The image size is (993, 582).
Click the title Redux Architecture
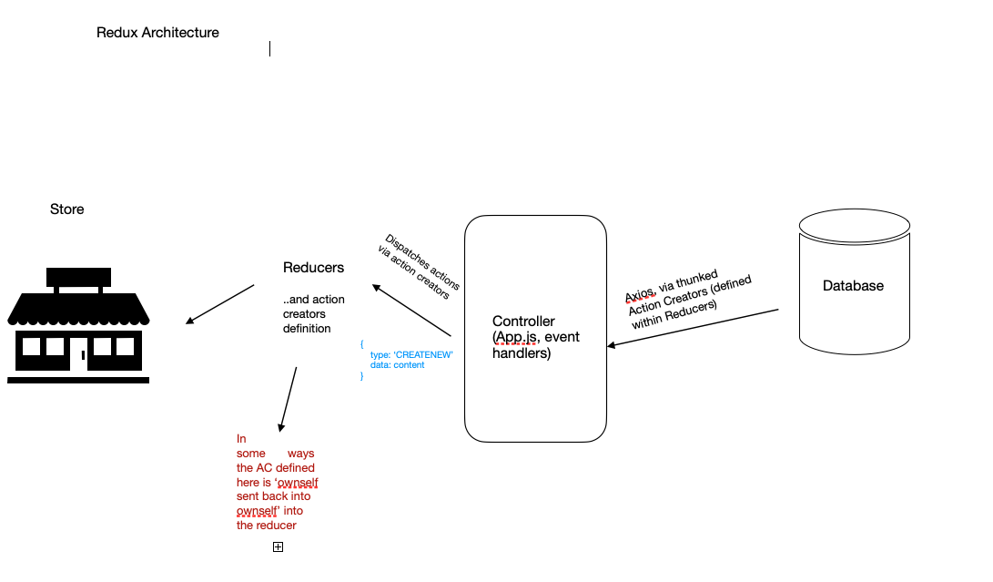157,33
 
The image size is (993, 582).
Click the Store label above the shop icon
66,209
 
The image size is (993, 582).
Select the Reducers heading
313,268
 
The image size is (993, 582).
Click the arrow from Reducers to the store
220,304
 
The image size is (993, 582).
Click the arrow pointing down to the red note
289,399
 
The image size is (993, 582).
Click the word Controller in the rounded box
523,322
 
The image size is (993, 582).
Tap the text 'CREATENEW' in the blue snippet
424,353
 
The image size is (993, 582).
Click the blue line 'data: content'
400,363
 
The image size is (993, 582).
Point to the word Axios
641,293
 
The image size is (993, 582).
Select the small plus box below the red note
279,546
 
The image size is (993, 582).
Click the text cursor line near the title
269,48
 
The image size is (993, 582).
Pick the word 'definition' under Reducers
307,329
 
